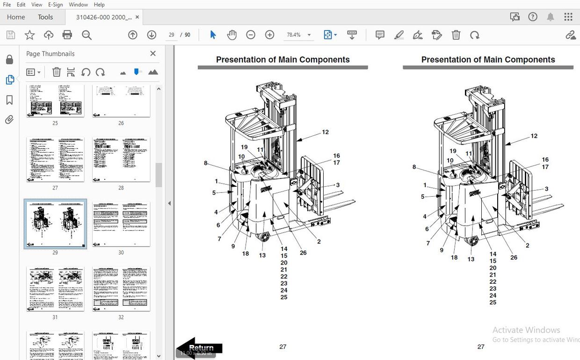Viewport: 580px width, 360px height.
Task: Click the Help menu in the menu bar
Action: pyautogui.click(x=99, y=4)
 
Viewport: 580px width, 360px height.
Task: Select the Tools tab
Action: pyautogui.click(x=45, y=17)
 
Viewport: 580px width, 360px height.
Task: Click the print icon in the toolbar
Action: pyautogui.click(x=67, y=35)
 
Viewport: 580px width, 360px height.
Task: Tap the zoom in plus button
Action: pyautogui.click(x=269, y=35)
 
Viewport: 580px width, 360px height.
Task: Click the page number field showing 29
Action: pyautogui.click(x=171, y=35)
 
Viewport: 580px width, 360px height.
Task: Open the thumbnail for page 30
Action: pyautogui.click(x=121, y=224)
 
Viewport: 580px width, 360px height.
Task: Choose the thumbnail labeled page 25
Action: pyautogui.click(x=55, y=100)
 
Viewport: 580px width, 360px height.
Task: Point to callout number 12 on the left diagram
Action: pyautogui.click(x=325, y=132)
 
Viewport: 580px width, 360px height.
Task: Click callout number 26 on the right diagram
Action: pyautogui.click(x=514, y=257)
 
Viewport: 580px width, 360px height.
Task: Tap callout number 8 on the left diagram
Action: pyautogui.click(x=205, y=163)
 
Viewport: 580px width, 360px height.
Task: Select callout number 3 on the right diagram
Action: pyautogui.click(x=546, y=189)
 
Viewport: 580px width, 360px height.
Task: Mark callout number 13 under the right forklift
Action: pyautogui.click(x=471, y=259)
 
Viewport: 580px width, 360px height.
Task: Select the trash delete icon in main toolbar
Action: pyautogui.click(x=456, y=35)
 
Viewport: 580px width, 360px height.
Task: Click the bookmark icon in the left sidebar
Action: pyautogui.click(x=9, y=100)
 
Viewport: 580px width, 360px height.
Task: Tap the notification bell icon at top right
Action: pyautogui.click(x=551, y=17)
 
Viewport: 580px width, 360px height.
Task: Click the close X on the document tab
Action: pyautogui.click(x=137, y=17)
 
